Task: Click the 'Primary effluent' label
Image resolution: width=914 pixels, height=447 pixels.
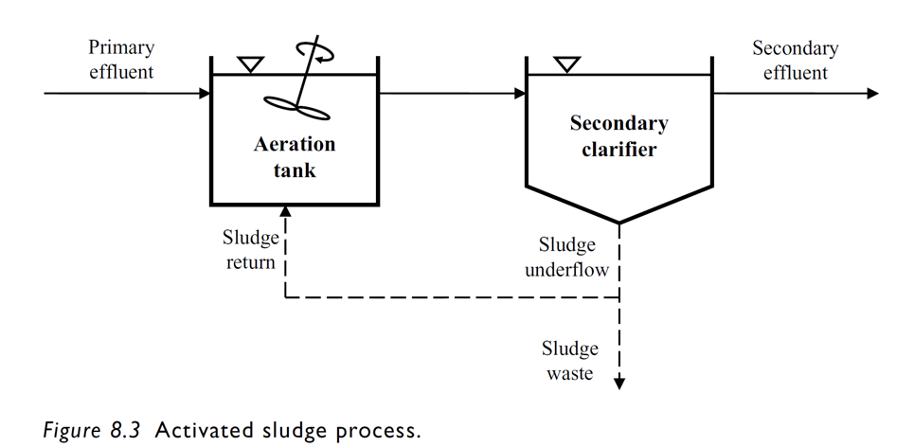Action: [x=121, y=59]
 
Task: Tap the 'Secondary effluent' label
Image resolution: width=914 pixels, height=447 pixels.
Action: [x=795, y=61]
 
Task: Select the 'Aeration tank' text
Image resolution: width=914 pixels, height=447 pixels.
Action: [x=295, y=157]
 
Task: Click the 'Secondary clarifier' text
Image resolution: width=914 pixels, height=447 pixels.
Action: [x=618, y=135]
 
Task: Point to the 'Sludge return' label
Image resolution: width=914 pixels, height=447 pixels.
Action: [x=250, y=250]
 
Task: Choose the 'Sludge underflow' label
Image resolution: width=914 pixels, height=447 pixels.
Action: [x=567, y=258]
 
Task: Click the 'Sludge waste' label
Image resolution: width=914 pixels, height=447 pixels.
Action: [x=570, y=361]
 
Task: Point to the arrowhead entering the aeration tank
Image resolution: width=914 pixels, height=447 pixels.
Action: [x=204, y=94]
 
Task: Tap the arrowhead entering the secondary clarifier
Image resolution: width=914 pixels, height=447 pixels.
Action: [x=520, y=94]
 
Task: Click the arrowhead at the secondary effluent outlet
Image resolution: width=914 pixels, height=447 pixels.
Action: [x=872, y=94]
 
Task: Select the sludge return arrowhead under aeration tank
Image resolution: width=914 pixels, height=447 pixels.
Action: [x=285, y=212]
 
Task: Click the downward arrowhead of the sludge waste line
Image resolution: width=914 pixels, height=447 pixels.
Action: [x=619, y=383]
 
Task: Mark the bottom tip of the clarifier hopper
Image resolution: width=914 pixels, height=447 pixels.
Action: [x=619, y=223]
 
